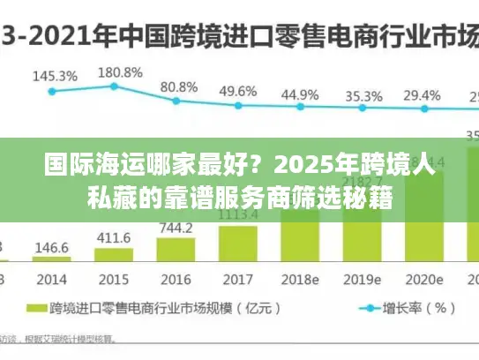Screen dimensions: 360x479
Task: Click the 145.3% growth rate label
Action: [55, 76]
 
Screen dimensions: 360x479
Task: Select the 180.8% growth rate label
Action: [120, 72]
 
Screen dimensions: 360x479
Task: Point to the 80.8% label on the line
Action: [179, 87]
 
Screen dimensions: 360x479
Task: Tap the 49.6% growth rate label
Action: [238, 91]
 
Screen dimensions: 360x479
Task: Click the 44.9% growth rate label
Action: [300, 94]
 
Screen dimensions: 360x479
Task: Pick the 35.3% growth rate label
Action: [363, 96]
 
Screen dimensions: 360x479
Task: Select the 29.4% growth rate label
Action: [422, 95]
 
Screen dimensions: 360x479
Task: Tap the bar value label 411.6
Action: [114, 238]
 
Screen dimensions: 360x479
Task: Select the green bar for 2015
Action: [112, 256]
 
